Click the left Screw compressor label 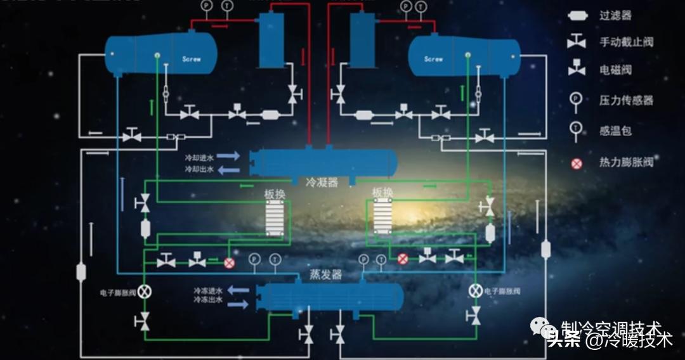tap(192, 59)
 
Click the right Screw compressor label tap(433, 59)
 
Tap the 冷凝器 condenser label tap(322, 182)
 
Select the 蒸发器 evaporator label tap(325, 274)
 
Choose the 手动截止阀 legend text tap(626, 42)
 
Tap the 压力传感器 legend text tap(626, 100)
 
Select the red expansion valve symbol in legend tap(577, 164)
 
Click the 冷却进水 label tap(199, 156)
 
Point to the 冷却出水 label tap(199, 169)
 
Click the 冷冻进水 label tap(207, 290)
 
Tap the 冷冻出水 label tap(207, 299)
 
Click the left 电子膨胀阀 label tap(118, 293)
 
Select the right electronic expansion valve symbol tap(474, 291)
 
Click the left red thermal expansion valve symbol tap(229, 262)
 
